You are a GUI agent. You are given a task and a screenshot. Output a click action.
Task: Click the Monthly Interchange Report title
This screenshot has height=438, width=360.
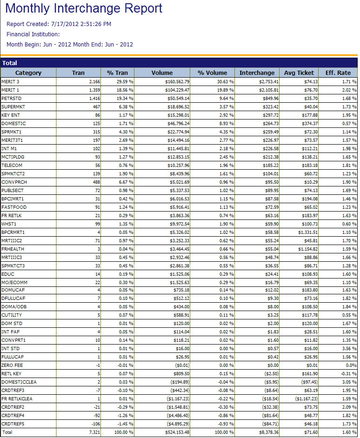point(84,8)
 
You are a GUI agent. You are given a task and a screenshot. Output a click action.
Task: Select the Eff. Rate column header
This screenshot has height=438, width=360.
point(338,73)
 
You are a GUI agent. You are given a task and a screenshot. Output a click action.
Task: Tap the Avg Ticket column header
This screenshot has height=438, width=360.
point(299,73)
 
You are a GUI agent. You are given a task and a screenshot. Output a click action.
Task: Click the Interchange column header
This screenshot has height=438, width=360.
point(257,73)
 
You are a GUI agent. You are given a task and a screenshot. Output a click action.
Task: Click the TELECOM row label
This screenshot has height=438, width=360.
point(12,165)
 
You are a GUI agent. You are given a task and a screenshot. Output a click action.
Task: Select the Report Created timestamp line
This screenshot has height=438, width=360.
point(59,24)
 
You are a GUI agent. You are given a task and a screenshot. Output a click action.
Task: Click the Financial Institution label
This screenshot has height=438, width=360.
point(33,34)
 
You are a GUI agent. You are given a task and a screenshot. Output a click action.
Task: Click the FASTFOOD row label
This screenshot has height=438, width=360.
point(12,207)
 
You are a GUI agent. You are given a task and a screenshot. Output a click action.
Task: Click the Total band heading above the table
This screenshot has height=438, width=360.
point(10,63)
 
